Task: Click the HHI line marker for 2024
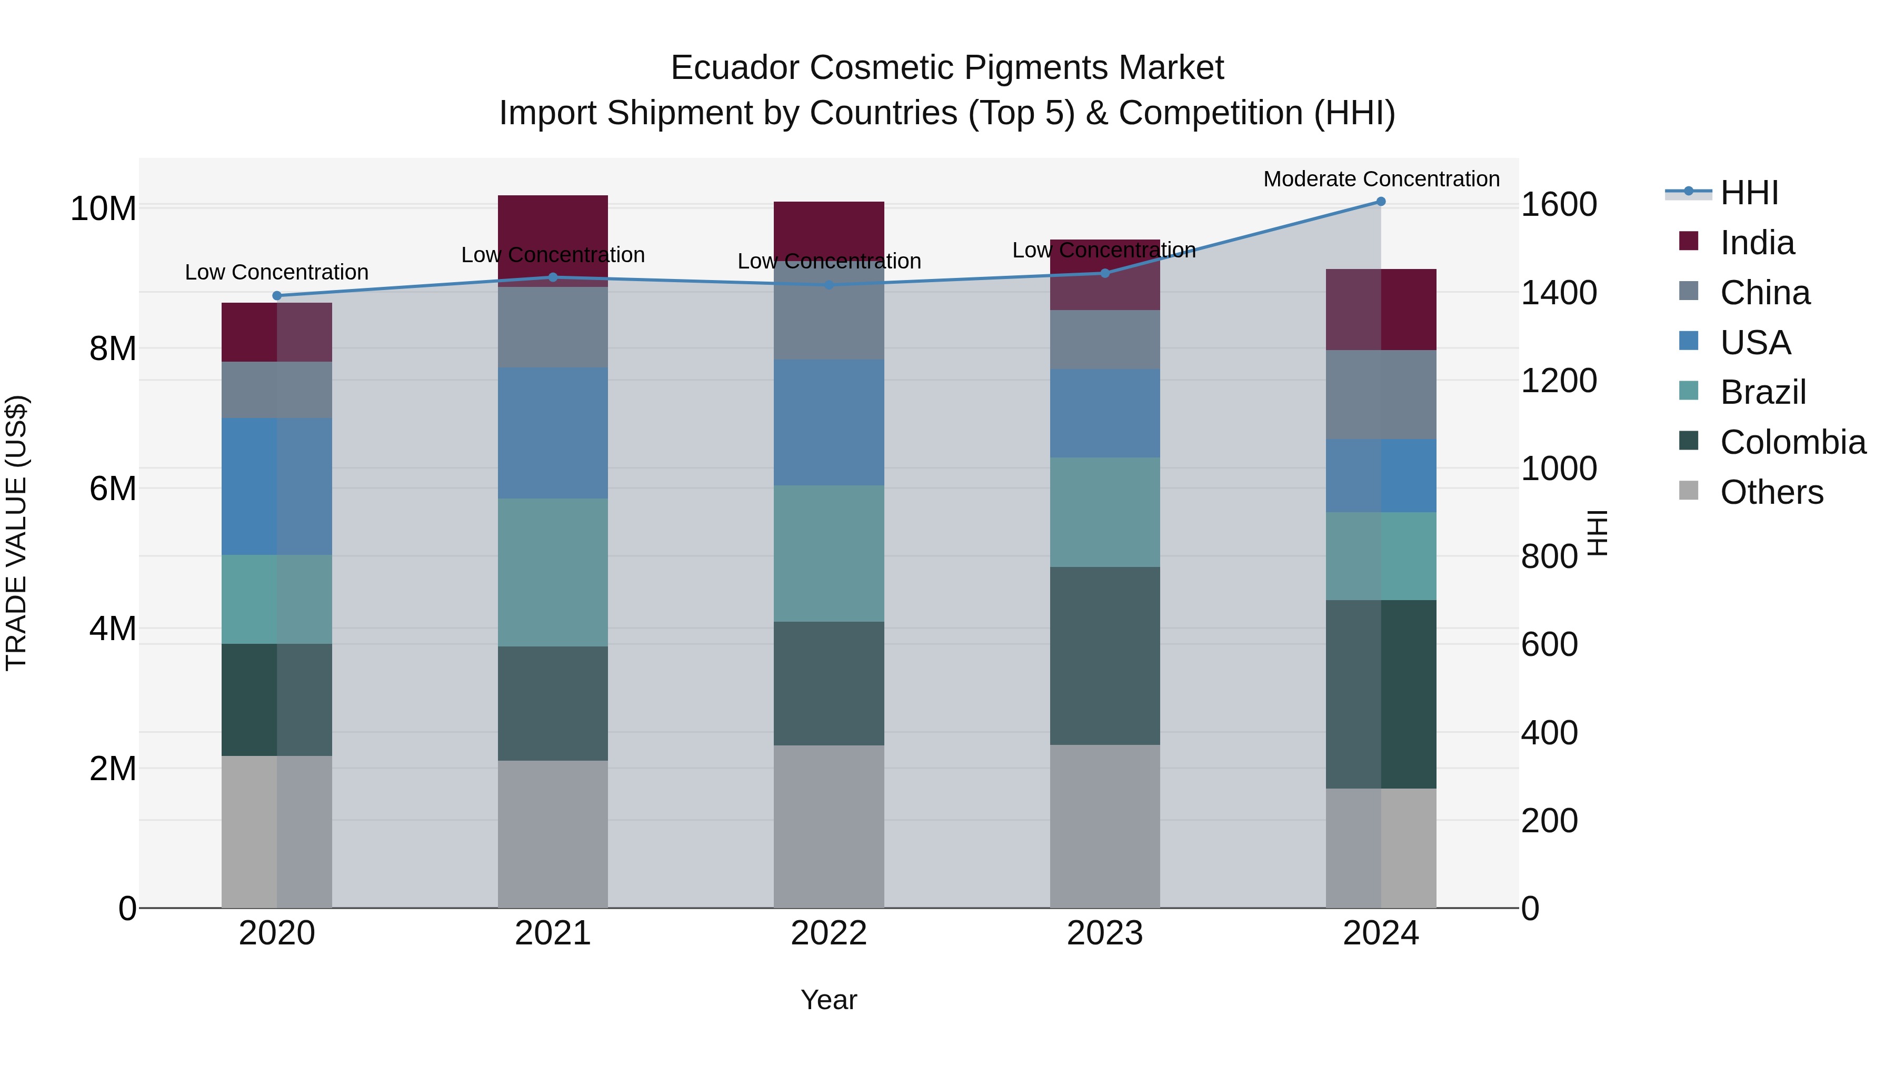coord(1380,202)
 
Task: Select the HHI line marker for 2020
coord(276,296)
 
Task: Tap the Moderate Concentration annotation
coord(1381,179)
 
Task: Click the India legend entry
coord(1757,243)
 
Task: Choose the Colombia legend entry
coord(1792,442)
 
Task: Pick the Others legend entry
coord(1771,492)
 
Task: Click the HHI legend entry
coord(1749,193)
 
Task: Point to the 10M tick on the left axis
coord(103,209)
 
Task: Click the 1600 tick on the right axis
coord(1558,205)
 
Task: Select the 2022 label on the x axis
coord(829,933)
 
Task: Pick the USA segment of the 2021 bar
coord(553,433)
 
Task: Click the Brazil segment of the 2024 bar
coord(1380,556)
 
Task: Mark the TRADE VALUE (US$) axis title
coord(16,533)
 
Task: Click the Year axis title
coord(829,1000)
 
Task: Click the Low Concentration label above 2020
coord(276,272)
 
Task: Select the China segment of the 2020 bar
coord(276,390)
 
